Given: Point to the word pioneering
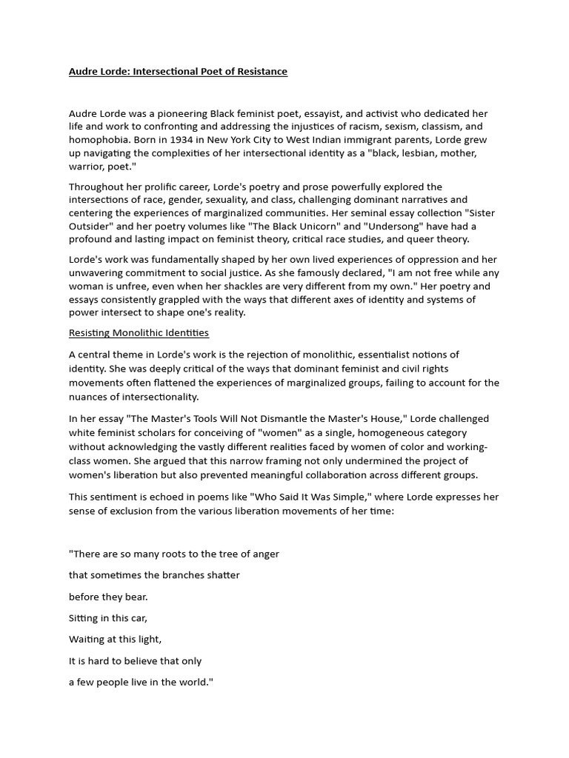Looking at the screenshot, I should [x=179, y=113].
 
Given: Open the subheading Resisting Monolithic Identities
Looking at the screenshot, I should [x=139, y=333].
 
